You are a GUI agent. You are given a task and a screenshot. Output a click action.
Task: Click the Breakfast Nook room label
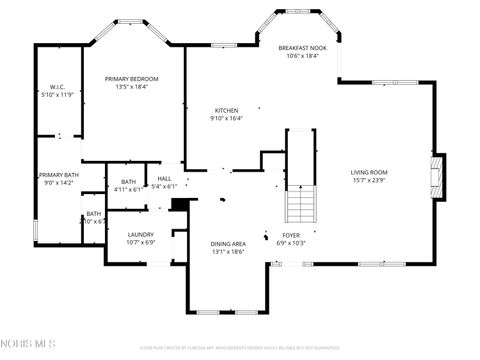tap(301, 48)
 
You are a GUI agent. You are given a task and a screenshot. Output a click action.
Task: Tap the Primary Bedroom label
tap(133, 79)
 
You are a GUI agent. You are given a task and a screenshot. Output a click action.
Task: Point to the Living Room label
tap(368, 173)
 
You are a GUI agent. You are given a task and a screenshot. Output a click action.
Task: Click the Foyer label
tap(290, 235)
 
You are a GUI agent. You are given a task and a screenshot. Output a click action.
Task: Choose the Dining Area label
tap(227, 244)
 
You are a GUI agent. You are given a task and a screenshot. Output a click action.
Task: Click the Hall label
tap(165, 180)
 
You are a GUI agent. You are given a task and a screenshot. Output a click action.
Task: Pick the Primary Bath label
tap(58, 176)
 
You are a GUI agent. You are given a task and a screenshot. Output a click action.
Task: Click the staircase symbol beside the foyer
tap(300, 205)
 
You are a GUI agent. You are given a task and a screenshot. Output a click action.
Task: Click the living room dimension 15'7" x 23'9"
tap(368, 181)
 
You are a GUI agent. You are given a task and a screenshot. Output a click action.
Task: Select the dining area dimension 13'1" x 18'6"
tap(227, 252)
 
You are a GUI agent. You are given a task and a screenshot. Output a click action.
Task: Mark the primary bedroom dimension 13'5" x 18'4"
tap(133, 87)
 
